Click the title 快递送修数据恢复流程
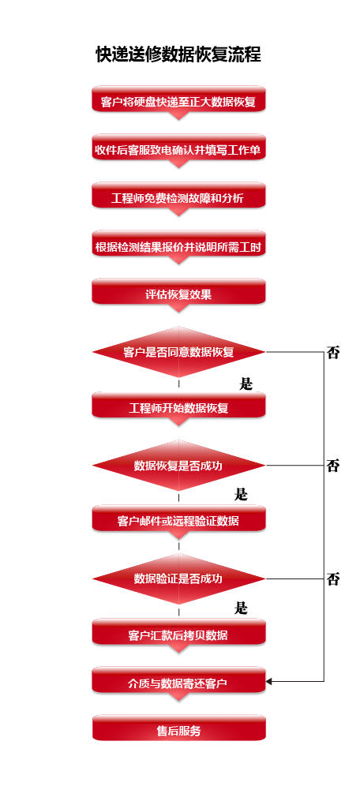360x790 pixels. tap(178, 54)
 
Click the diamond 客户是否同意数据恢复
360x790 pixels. tap(178, 352)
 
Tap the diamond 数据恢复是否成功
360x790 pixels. tap(178, 466)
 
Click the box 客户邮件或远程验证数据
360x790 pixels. tap(178, 519)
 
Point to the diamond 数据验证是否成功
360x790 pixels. tap(178, 579)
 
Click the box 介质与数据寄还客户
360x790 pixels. tap(178, 681)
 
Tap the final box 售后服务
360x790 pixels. tap(178, 728)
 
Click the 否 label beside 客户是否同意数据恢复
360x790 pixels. tap(333, 352)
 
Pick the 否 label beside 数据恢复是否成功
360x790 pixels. tap(333, 466)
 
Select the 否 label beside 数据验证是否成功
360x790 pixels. tap(333, 579)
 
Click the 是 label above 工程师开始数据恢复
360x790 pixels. tap(246, 384)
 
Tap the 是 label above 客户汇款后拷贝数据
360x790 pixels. tap(241, 608)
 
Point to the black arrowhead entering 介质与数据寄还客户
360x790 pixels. tap(268, 682)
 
